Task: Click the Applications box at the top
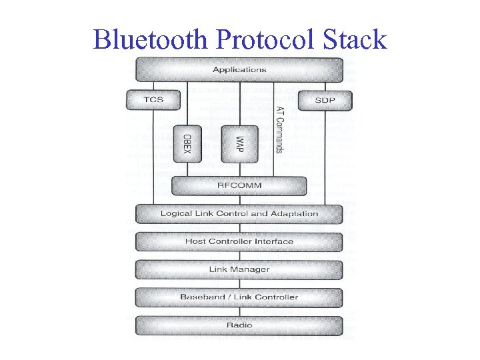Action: click(239, 69)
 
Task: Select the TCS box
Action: click(153, 100)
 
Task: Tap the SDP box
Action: click(324, 100)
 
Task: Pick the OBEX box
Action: click(187, 143)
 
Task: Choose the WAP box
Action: click(239, 143)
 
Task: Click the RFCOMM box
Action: click(239, 185)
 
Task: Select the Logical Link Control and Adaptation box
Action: click(239, 213)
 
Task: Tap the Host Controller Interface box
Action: click(239, 241)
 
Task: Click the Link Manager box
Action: click(239, 269)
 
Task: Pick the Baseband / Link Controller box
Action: click(239, 297)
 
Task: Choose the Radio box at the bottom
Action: click(239, 325)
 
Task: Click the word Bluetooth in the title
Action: click(151, 39)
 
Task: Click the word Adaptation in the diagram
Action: click(294, 213)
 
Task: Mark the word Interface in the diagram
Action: click(272, 241)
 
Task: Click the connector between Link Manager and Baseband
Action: click(239, 283)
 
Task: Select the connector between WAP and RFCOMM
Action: click(239, 169)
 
